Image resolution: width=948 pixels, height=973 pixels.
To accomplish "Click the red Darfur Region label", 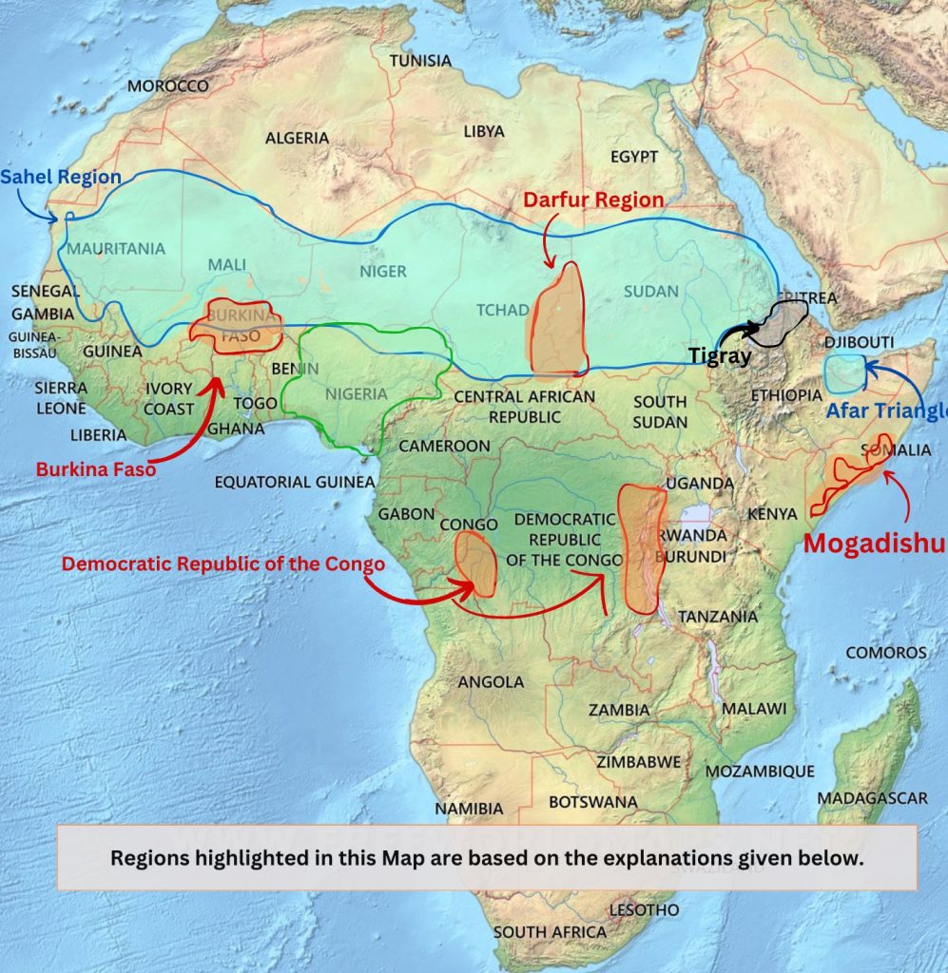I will click(593, 200).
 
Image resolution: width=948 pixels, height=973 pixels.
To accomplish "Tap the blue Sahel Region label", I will click(61, 177).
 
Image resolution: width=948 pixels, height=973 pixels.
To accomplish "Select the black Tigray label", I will click(720, 357).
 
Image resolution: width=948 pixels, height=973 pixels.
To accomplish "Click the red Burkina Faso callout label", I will click(96, 469).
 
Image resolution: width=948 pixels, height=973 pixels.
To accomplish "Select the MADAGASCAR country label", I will click(872, 798).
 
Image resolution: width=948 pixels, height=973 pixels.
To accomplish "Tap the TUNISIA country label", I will click(420, 61).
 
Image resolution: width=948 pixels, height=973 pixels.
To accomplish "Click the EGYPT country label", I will click(634, 156).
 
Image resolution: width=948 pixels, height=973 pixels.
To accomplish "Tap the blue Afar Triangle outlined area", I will click(843, 373).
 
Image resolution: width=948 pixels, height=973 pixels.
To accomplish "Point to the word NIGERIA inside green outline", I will click(357, 393).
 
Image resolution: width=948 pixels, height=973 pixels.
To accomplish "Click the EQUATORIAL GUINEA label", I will click(295, 482).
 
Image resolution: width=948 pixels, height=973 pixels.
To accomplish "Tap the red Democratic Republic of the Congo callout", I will click(223, 563).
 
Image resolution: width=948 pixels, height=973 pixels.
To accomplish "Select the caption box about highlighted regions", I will click(488, 857).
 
